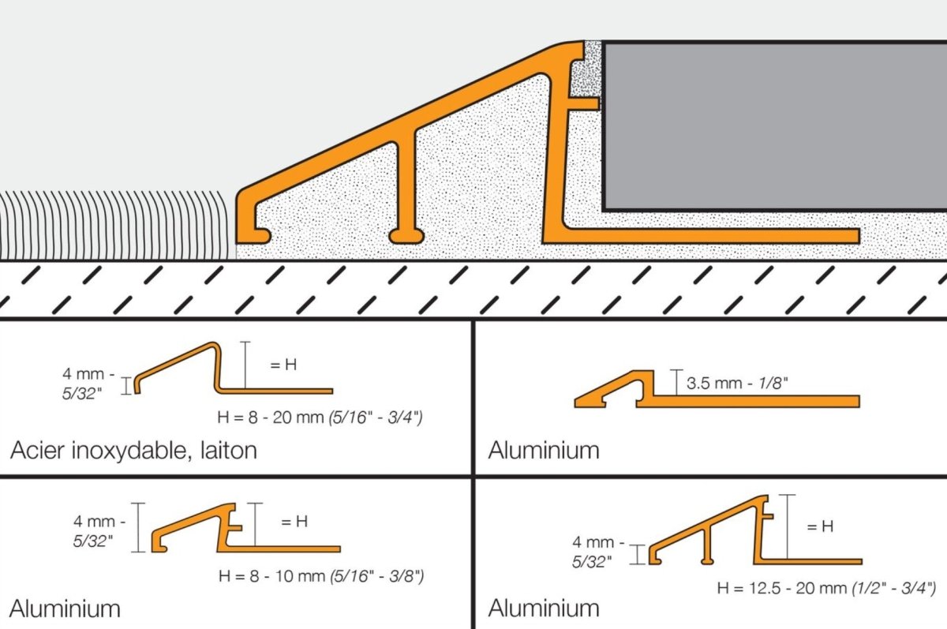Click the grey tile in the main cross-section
tap(774, 126)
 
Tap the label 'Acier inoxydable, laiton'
tap(133, 451)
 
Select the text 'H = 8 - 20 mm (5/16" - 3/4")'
tap(320, 417)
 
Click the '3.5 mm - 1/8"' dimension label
tap(737, 383)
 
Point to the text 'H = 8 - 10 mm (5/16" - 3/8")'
tap(321, 576)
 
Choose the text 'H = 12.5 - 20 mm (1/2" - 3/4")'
tap(826, 588)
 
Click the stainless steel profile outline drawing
tap(234, 369)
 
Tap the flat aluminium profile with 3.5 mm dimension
tap(717, 389)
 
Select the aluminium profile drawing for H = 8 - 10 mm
tap(246, 529)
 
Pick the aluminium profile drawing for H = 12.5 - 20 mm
tap(755, 530)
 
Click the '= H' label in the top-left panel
tap(283, 365)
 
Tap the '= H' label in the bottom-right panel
tap(820, 526)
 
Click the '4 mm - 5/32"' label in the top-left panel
tap(88, 384)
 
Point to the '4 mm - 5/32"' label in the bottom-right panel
tap(598, 552)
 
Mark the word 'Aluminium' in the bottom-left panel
tap(65, 608)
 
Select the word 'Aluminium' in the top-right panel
tap(544, 450)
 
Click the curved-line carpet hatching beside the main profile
tap(116, 225)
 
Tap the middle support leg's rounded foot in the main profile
tap(406, 236)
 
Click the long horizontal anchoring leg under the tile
tap(710, 236)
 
